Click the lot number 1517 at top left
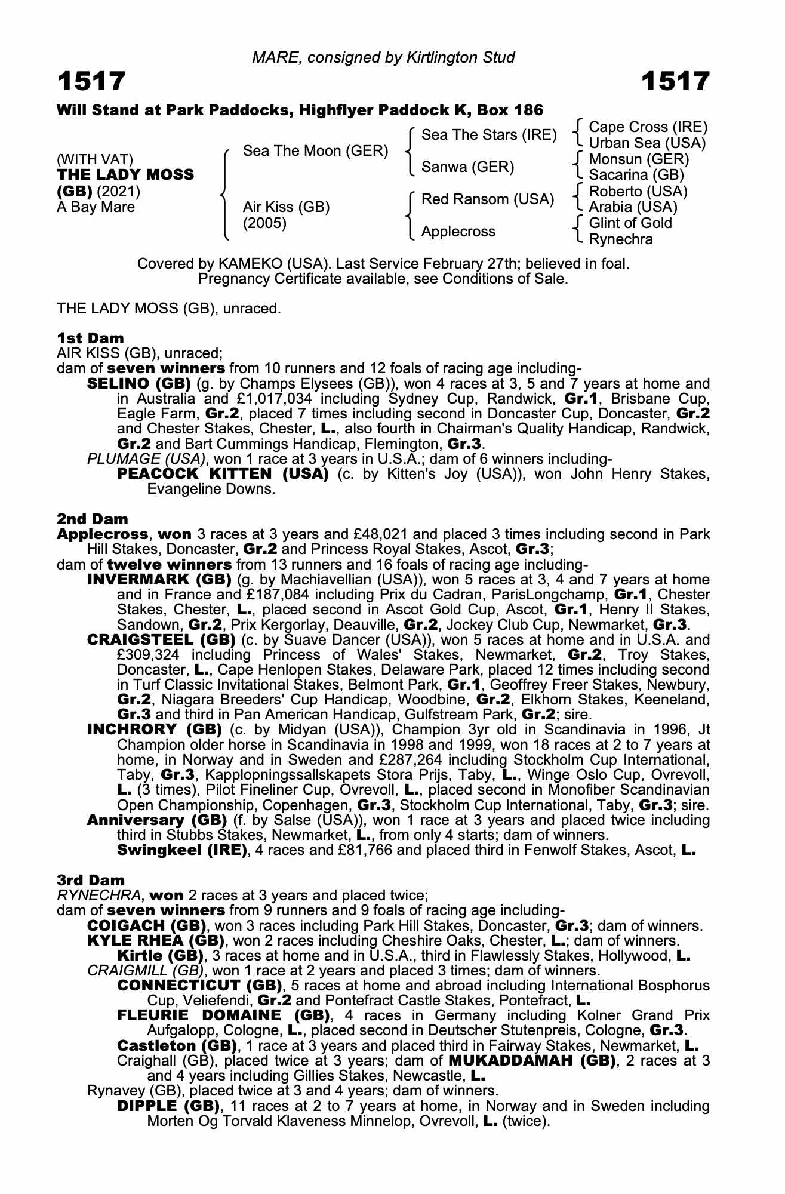click(91, 81)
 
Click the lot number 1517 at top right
click(676, 81)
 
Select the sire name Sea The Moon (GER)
click(316, 151)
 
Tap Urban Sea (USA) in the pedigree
click(647, 143)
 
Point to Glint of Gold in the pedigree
click(630, 223)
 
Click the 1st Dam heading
click(90, 338)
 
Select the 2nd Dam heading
click(93, 519)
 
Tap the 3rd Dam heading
click(91, 880)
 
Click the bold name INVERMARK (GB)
click(159, 580)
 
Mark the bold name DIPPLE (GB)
click(168, 1106)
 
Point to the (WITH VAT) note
click(95, 159)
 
